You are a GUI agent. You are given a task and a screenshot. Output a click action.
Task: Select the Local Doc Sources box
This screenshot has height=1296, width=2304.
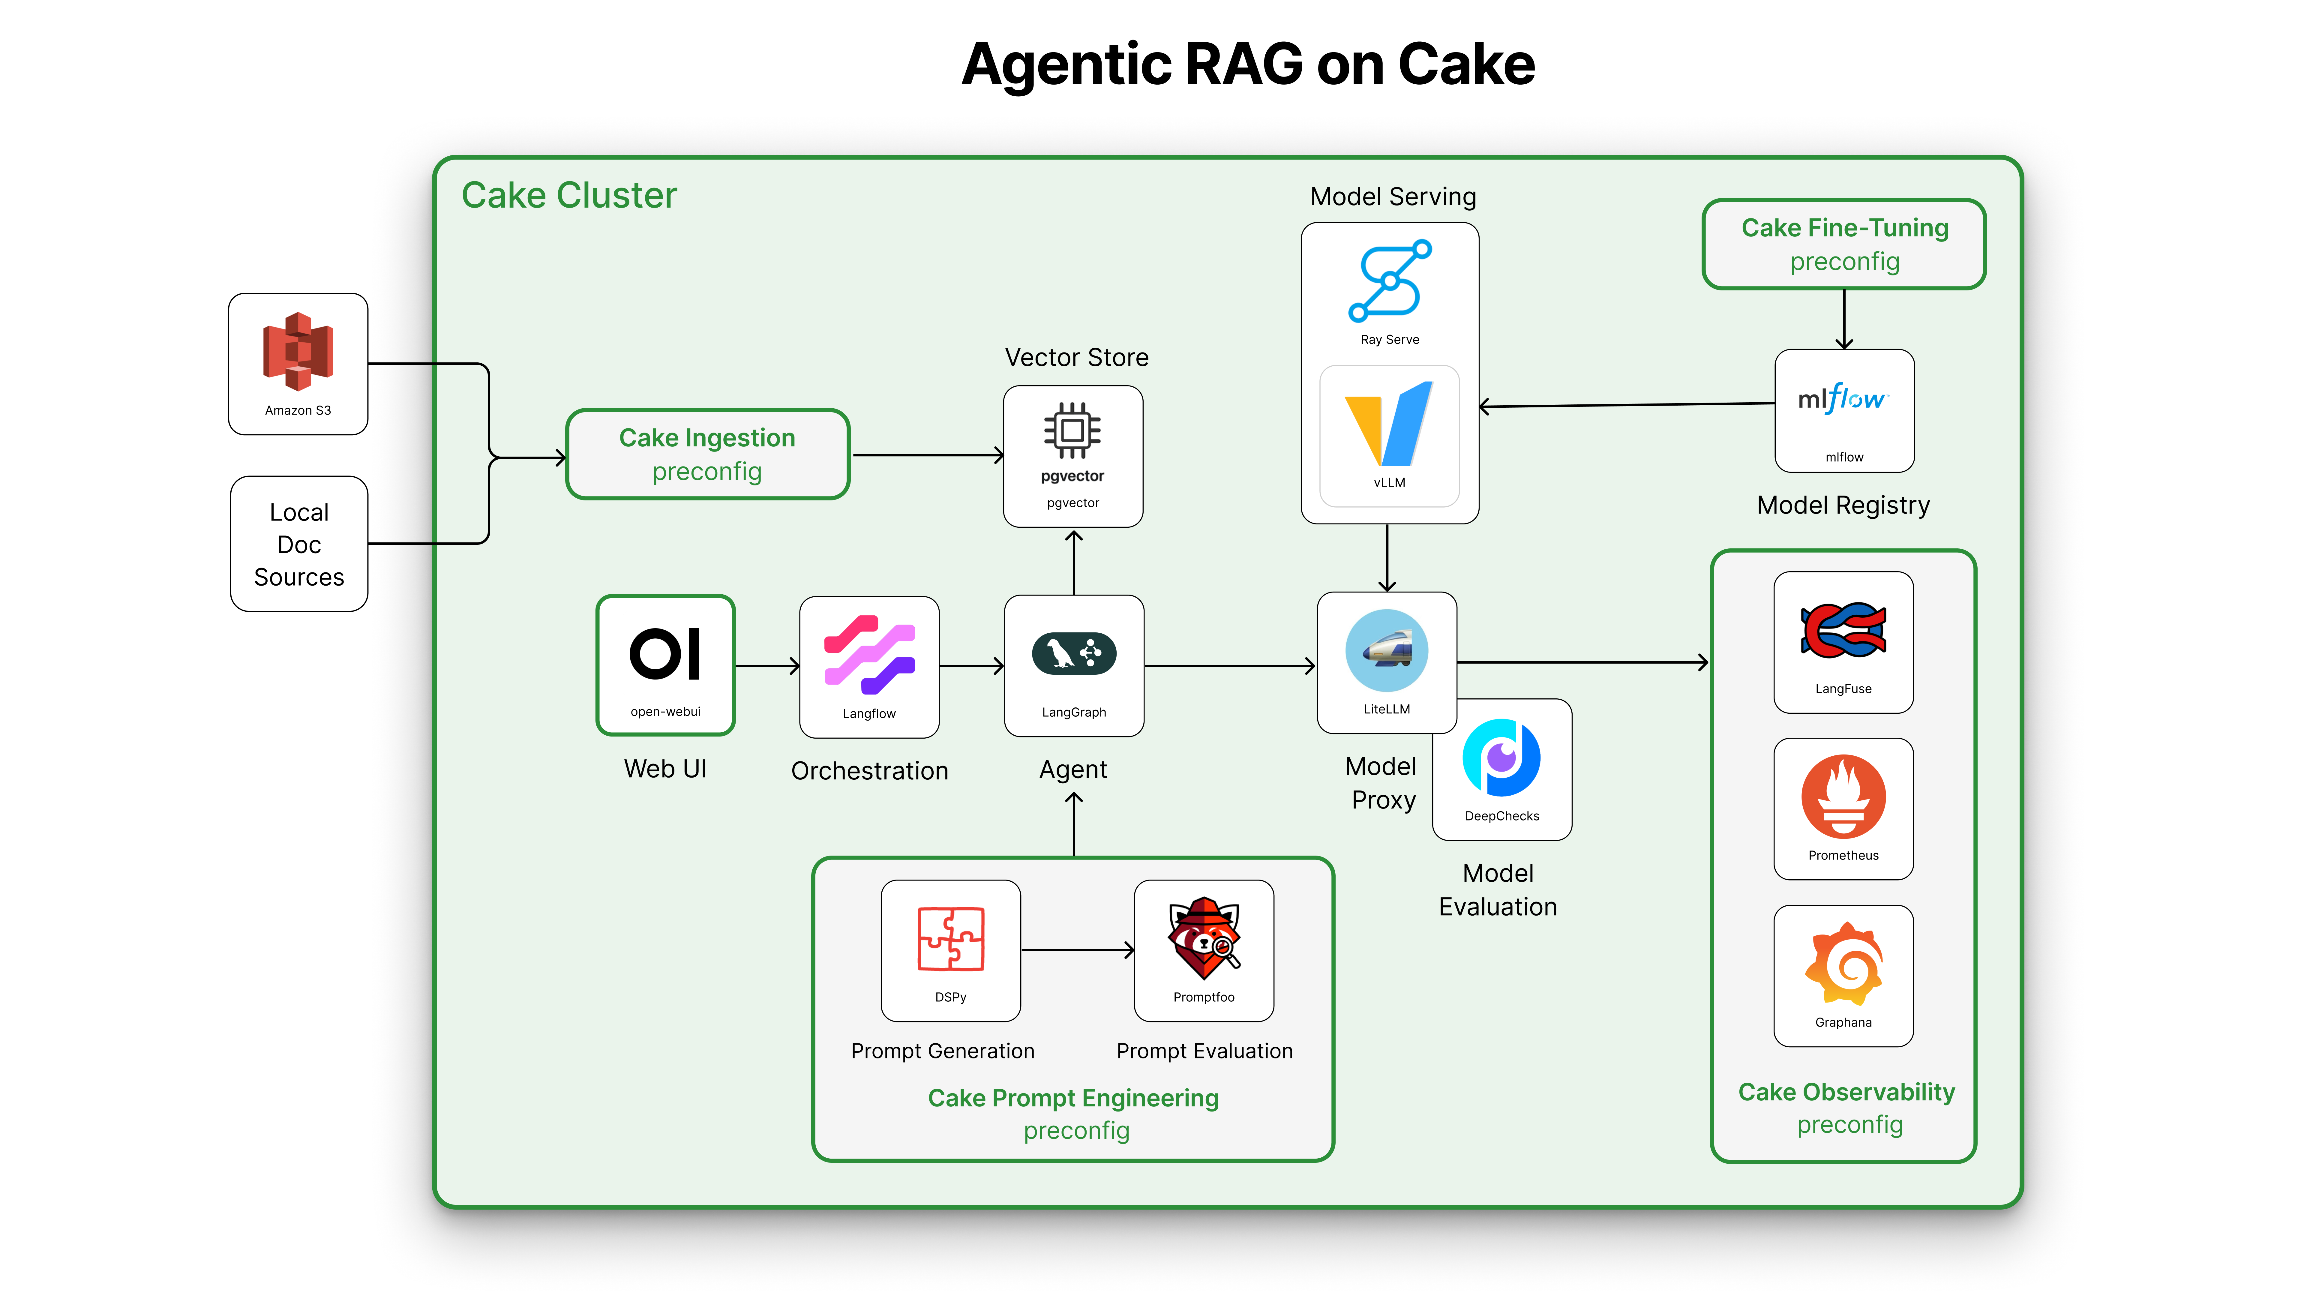(299, 544)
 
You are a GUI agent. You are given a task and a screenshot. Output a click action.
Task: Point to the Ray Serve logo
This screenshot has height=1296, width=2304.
(1389, 281)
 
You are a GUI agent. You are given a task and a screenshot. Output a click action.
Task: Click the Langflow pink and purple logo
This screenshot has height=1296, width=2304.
(868, 655)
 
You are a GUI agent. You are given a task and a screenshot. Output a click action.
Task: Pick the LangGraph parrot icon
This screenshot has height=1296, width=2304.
(1073, 654)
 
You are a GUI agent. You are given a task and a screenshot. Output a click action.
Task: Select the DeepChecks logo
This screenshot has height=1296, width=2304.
(1502, 758)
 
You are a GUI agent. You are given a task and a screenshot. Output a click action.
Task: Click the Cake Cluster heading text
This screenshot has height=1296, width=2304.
(569, 195)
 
